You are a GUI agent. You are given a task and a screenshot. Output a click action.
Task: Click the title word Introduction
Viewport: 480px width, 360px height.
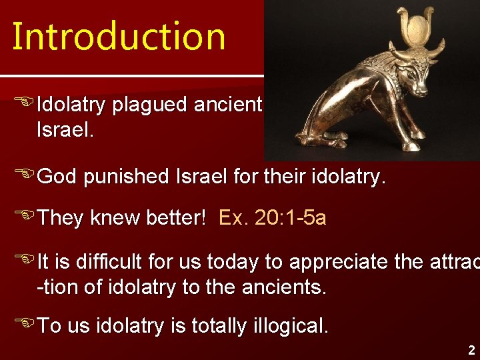coord(119,36)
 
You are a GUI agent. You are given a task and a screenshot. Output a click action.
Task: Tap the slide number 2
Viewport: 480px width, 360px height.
coord(471,350)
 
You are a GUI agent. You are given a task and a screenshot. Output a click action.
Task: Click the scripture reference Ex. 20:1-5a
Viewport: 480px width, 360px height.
coord(272,218)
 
